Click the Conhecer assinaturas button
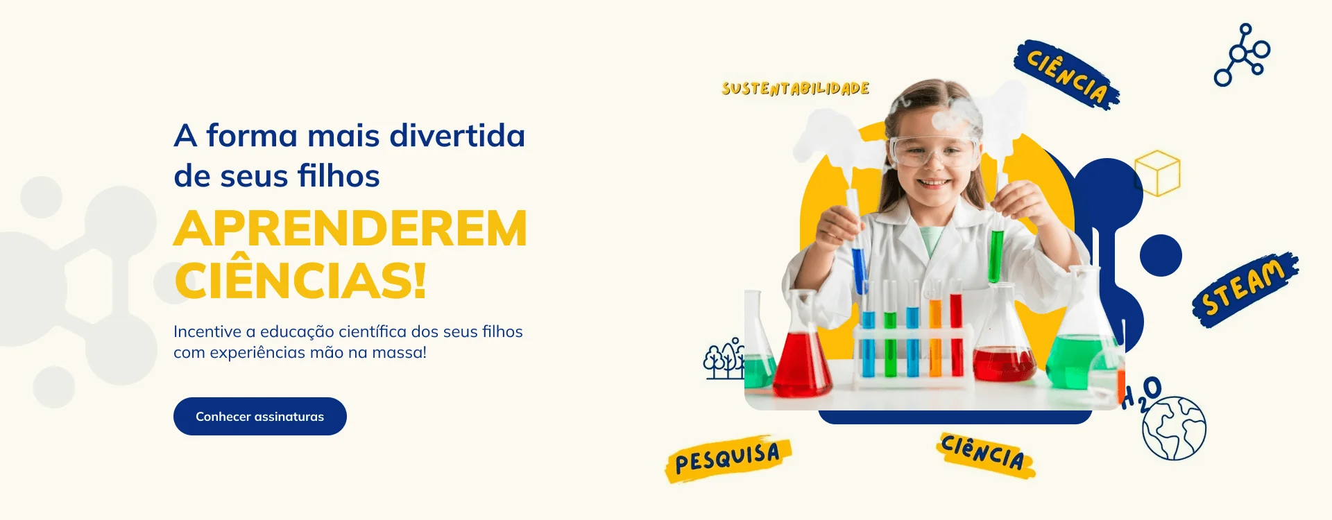(x=260, y=417)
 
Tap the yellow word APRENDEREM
(x=350, y=229)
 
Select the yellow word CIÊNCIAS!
(x=300, y=281)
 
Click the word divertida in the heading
(x=457, y=136)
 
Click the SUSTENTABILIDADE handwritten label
(x=795, y=89)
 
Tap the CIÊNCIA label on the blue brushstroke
(x=1066, y=75)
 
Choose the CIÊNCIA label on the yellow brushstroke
(x=983, y=453)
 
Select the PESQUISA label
(x=728, y=458)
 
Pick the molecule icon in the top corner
(x=1242, y=55)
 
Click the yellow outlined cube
(x=1157, y=173)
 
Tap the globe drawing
(x=1174, y=428)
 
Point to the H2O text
(x=1142, y=393)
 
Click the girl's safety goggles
(x=934, y=151)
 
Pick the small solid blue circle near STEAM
(x=1161, y=255)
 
